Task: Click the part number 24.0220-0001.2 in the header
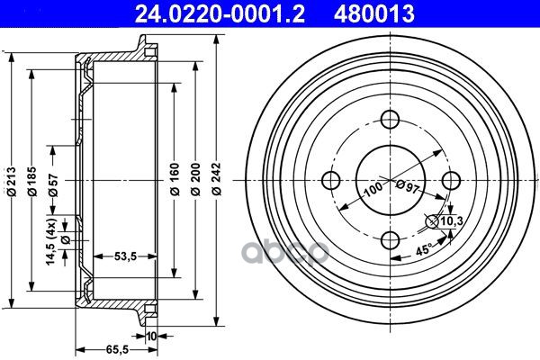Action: tap(220, 13)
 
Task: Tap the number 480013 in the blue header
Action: tap(374, 13)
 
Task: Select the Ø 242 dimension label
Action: tap(217, 179)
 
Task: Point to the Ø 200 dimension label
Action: tap(195, 179)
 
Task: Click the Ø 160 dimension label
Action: tap(175, 179)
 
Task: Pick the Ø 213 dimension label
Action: tap(12, 182)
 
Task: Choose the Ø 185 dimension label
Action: tap(32, 182)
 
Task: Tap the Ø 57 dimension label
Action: tap(53, 185)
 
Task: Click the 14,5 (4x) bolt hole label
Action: tap(51, 241)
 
